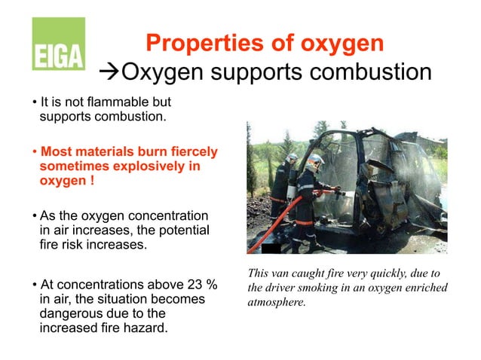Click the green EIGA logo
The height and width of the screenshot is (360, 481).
pyautogui.click(x=58, y=44)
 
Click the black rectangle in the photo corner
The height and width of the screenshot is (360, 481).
pyautogui.click(x=270, y=249)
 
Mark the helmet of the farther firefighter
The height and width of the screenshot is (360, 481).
pyautogui.click(x=292, y=158)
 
